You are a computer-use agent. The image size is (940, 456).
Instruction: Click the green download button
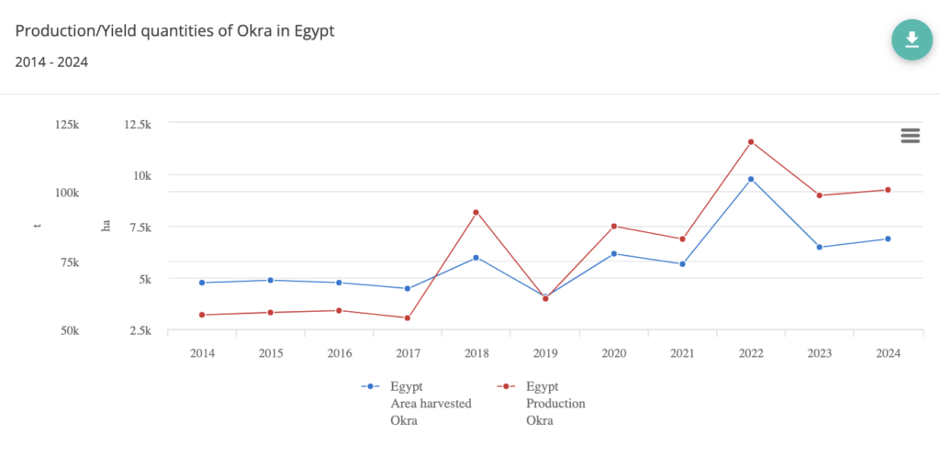coord(912,39)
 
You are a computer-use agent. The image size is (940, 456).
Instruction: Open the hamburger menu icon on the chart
coord(910,136)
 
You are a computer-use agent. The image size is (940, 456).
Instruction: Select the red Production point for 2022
coord(751,142)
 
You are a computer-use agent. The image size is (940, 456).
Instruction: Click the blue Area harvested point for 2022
coord(751,179)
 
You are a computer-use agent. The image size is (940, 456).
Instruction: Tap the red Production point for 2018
coord(476,213)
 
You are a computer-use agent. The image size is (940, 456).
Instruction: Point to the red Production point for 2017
coord(407,318)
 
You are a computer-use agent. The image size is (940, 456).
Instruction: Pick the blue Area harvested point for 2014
coord(202,283)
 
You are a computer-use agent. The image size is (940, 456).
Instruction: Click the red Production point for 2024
coord(888,190)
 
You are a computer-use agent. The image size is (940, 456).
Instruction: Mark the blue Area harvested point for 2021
coord(682,264)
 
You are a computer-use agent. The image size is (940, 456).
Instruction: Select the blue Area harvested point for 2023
coord(819,248)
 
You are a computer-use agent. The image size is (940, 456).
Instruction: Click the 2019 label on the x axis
coord(545,353)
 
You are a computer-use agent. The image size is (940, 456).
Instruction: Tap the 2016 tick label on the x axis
coord(339,353)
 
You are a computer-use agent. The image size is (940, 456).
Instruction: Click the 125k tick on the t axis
coord(65,125)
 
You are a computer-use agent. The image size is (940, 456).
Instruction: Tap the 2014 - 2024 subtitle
coord(51,62)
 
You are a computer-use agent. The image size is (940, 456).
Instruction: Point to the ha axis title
coord(106,227)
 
